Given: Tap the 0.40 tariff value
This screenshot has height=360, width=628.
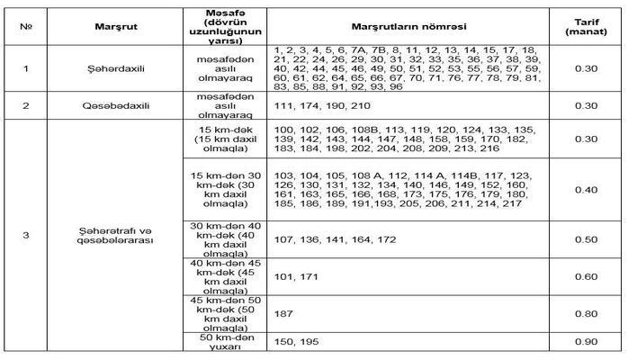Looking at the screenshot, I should (585, 190).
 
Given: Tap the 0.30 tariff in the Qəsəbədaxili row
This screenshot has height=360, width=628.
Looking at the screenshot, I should (585, 105).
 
